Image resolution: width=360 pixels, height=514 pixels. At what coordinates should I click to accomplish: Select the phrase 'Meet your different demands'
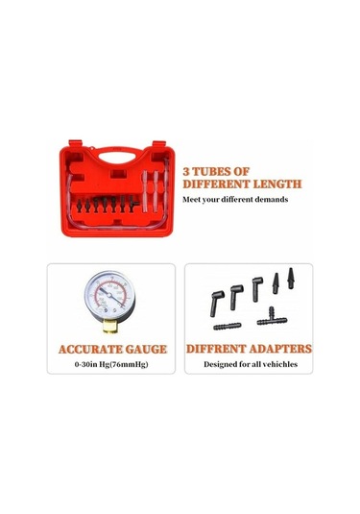(x=235, y=199)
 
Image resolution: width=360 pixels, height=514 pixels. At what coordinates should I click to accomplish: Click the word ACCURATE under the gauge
(x=90, y=350)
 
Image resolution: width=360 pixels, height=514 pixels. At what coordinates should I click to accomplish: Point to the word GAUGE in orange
(x=146, y=350)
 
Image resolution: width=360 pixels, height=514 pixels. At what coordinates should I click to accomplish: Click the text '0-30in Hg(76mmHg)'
(x=111, y=364)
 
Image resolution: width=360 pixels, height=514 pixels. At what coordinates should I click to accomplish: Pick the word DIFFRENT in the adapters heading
(x=216, y=349)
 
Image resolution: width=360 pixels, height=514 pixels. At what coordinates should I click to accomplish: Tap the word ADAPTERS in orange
(x=280, y=349)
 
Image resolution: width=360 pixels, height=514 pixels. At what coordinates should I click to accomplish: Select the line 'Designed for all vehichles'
(x=251, y=364)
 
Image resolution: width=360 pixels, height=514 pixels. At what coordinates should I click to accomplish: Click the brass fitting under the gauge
(x=110, y=327)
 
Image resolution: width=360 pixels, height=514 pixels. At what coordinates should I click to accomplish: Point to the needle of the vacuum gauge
(x=111, y=297)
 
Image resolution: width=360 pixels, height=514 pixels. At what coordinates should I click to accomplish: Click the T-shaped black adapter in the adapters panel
(x=272, y=317)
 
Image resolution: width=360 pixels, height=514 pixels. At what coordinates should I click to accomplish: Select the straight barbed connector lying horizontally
(x=228, y=326)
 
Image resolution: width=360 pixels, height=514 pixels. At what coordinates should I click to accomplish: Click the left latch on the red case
(x=75, y=143)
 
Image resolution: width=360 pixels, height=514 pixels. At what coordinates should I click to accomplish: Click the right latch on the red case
(x=159, y=144)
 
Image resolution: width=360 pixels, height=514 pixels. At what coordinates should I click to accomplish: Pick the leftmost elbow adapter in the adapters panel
(x=217, y=303)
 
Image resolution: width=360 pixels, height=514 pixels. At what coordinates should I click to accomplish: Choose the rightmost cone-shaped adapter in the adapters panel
(x=291, y=279)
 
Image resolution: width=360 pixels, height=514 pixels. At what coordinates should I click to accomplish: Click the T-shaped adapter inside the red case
(x=133, y=204)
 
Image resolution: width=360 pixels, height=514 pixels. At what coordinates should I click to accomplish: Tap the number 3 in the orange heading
(x=186, y=171)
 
